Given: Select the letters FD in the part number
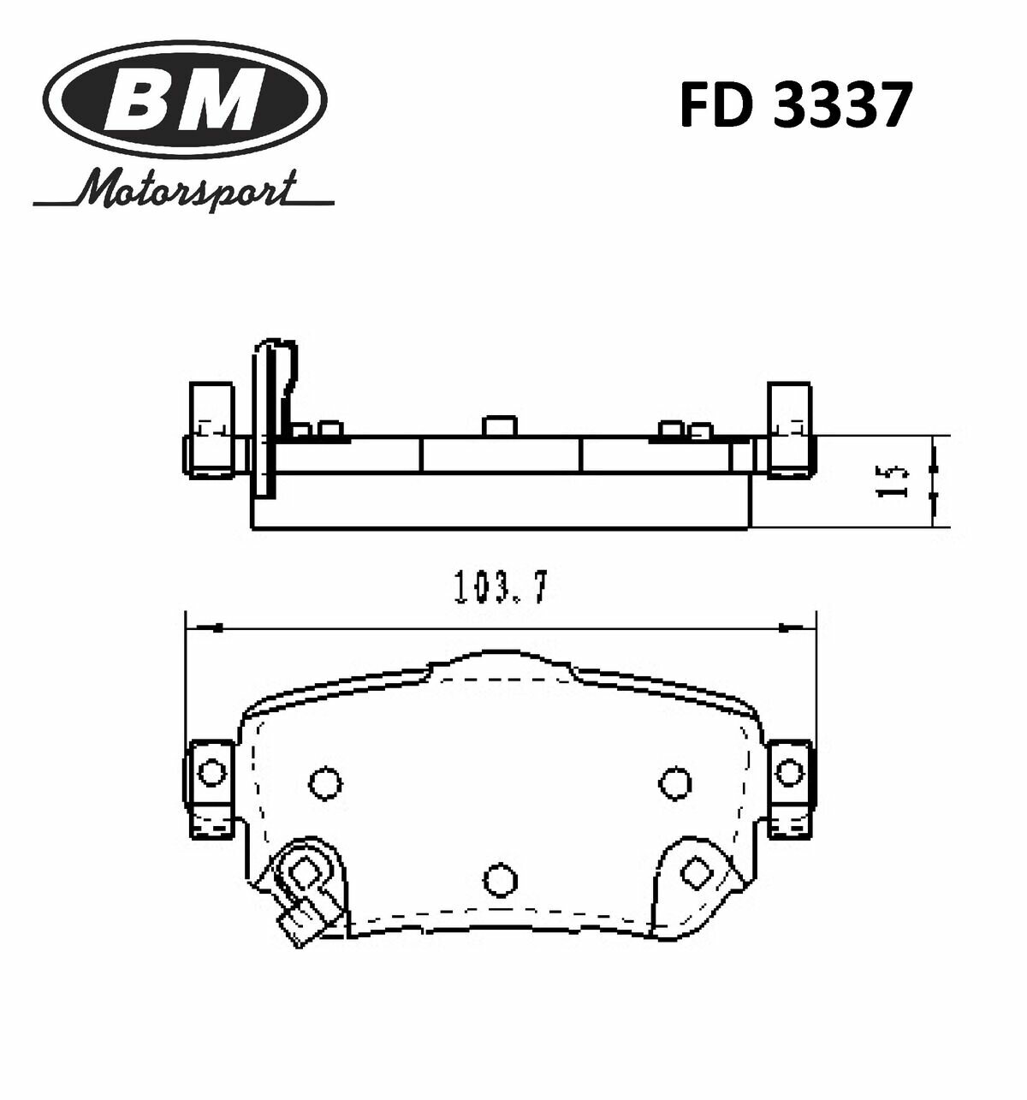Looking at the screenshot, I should coord(715,106).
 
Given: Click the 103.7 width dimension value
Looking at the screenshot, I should coord(500,589).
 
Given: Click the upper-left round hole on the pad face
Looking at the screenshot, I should coord(324,782).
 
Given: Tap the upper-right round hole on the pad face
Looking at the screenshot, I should coord(675,781).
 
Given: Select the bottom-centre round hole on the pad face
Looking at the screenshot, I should coord(499,877).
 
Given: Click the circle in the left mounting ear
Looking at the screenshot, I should coord(209,774).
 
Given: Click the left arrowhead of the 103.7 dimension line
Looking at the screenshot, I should coord(205,628).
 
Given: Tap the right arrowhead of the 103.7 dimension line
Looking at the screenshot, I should coord(796,628).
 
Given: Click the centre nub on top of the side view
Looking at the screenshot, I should coord(498,425).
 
